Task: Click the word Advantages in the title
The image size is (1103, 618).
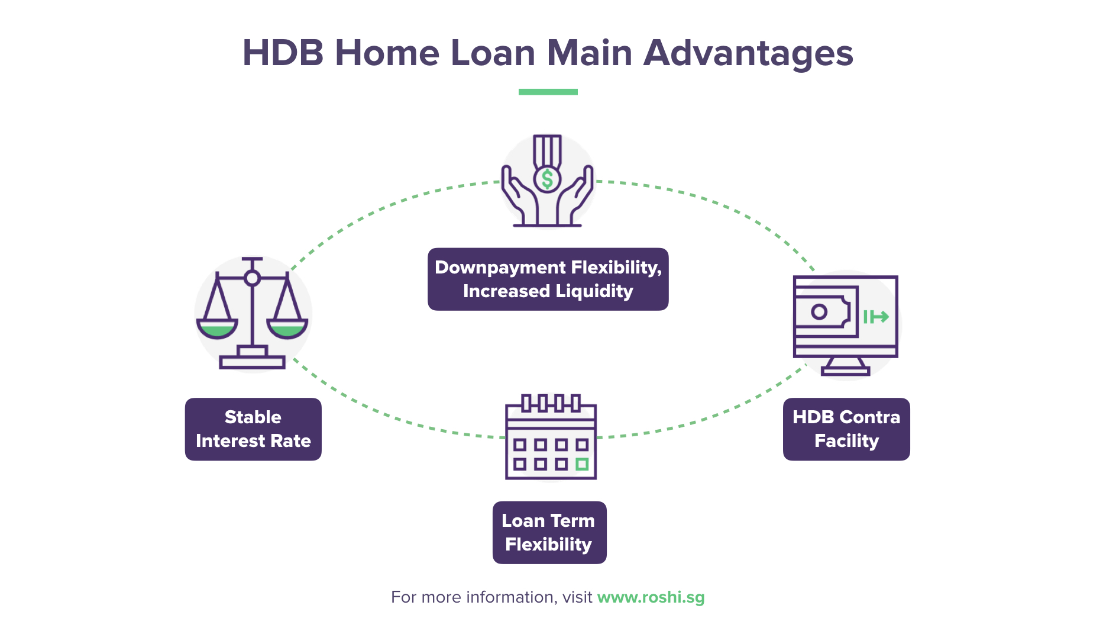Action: tap(748, 53)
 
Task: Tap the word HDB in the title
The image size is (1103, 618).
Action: tap(283, 53)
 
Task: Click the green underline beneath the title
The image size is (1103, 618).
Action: tap(548, 92)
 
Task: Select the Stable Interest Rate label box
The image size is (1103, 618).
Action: tap(253, 429)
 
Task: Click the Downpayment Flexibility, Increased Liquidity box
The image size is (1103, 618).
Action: tap(548, 279)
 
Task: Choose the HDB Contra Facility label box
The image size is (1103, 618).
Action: tap(846, 429)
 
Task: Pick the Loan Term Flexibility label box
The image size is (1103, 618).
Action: tap(549, 533)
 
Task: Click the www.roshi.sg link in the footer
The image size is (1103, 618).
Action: tap(651, 597)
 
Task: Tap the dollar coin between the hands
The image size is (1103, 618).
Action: tap(547, 179)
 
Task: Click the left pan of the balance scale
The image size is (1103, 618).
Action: tap(217, 328)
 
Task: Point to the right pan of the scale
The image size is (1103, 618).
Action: tap(287, 328)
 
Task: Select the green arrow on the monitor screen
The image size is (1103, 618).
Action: tap(876, 317)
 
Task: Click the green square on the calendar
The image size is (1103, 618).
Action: tap(582, 464)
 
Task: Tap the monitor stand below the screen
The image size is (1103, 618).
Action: tap(845, 366)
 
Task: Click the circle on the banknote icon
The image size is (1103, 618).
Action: tap(819, 312)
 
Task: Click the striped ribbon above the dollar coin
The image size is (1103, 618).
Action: tap(547, 150)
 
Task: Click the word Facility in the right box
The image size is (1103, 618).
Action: tap(846, 441)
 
